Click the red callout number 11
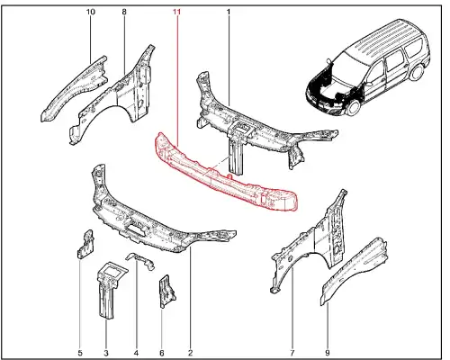[x=176, y=12]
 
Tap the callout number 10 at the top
[x=91, y=12]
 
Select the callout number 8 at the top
[x=124, y=12]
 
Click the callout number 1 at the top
[x=229, y=12]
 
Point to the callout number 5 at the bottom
[x=80, y=353]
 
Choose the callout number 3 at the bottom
[x=106, y=353]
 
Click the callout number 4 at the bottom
[x=136, y=353]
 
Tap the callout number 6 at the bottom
[x=162, y=353]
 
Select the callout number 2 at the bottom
[x=190, y=353]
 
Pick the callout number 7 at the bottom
[x=292, y=353]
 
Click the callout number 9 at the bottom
[x=328, y=353]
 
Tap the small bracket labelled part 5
[x=85, y=244]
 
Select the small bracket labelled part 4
[x=140, y=260]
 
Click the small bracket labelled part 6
[x=166, y=292]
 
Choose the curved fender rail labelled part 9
[x=354, y=270]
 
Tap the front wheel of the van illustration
[x=353, y=107]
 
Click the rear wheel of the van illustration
[x=418, y=72]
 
